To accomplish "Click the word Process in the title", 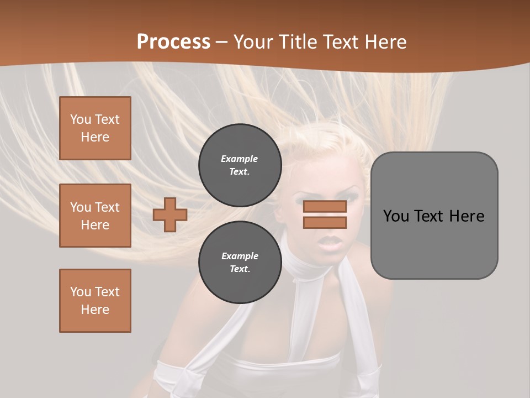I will tap(173, 42).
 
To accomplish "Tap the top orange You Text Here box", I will tap(95, 128).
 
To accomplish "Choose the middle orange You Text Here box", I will tap(95, 216).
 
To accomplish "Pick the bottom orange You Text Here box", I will tap(95, 301).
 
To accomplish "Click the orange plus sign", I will tap(170, 214).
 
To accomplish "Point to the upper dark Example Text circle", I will tap(240, 165).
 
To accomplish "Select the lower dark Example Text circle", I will tap(240, 263).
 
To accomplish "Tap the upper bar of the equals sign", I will tap(325, 207).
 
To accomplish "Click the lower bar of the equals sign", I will tap(325, 223).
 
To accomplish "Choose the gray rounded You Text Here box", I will tap(434, 216).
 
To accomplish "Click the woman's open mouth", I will tap(331, 242).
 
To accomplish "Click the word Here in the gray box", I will tap(467, 216).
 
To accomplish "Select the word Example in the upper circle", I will tap(240, 159).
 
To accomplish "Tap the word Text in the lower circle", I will tap(240, 269).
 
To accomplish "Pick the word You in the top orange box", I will tap(81, 119).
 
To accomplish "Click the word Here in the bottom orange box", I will tap(95, 310).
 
